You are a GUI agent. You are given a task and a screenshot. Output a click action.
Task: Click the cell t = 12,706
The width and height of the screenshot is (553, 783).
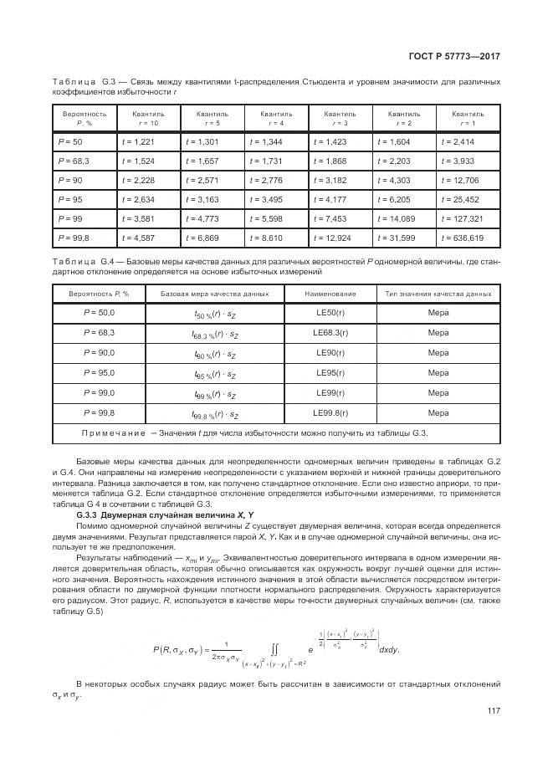pos(461,181)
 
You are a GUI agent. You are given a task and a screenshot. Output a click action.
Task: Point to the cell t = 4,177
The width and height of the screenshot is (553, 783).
pos(330,201)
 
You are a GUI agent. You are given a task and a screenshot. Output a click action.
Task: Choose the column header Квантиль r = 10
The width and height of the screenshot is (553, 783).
pos(147,117)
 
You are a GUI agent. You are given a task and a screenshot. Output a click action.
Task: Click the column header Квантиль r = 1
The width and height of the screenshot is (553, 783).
pos(468,117)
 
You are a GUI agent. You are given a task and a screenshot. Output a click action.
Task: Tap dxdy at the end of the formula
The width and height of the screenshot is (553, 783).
pos(389,625)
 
